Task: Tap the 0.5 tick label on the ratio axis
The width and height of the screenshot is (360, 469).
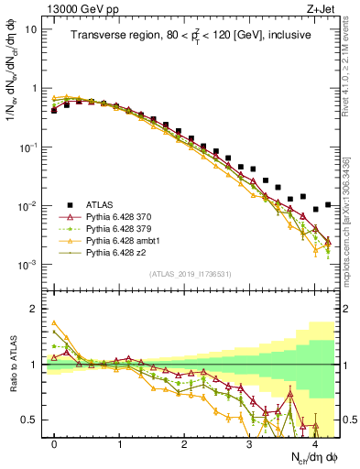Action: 29,420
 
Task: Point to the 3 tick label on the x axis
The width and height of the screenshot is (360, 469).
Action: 249,442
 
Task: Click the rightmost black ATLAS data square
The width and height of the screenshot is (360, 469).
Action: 328,204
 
